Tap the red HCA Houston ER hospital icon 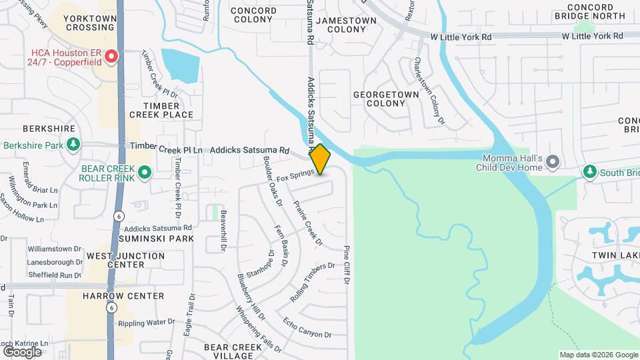click(x=112, y=57)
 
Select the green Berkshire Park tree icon click(x=73, y=145)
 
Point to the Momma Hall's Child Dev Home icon click(x=552, y=162)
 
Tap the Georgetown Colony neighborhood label click(x=386, y=99)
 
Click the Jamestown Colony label click(x=346, y=25)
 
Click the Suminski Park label click(x=157, y=238)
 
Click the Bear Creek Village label click(x=233, y=351)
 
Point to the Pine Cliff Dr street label click(x=347, y=264)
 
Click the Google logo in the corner click(x=22, y=351)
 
